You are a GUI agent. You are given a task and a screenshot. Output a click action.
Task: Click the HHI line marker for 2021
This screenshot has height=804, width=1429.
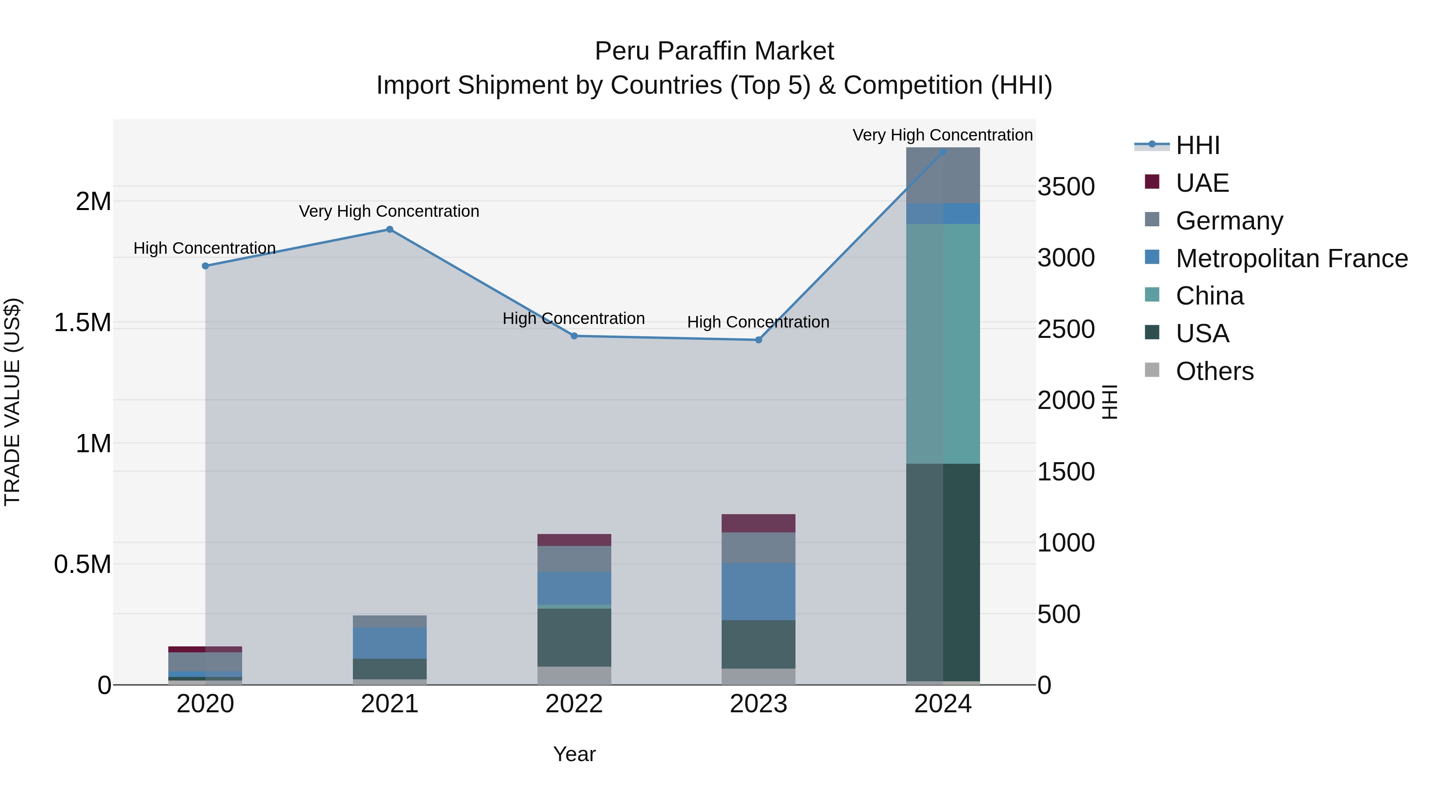pyautogui.click(x=389, y=229)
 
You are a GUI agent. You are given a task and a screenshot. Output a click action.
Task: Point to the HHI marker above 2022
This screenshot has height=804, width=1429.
pyautogui.click(x=574, y=335)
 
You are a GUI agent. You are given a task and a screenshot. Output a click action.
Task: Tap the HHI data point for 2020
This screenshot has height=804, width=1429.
pyautogui.click(x=205, y=266)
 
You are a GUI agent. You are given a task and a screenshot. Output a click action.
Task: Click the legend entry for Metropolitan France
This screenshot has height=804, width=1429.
pyautogui.click(x=1291, y=258)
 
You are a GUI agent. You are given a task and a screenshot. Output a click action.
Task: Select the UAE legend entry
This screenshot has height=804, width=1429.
pyautogui.click(x=1202, y=183)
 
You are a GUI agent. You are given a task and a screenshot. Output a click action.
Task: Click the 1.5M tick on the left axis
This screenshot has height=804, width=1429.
pyautogui.click(x=83, y=322)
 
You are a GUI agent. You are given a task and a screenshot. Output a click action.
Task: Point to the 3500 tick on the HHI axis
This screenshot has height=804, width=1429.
pyautogui.click(x=1066, y=187)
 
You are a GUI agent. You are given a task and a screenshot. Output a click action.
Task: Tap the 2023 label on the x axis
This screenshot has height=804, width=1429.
pyautogui.click(x=758, y=704)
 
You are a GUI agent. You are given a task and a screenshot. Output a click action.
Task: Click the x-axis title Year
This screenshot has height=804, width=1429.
pyautogui.click(x=574, y=754)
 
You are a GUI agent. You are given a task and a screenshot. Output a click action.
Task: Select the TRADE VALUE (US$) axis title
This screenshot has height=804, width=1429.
pyautogui.click(x=12, y=402)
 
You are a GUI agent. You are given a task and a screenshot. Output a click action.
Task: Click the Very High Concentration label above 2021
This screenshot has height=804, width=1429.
pyautogui.click(x=389, y=211)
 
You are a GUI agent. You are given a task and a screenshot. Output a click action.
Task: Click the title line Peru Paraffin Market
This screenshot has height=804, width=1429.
pyautogui.click(x=714, y=51)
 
